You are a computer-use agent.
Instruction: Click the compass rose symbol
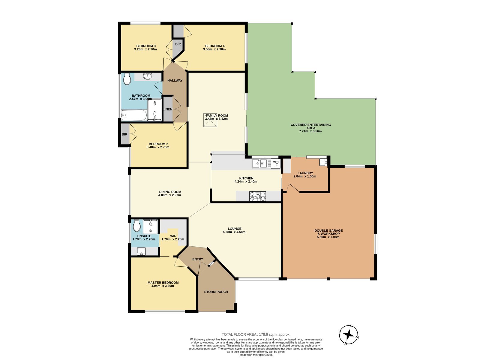(x=349, y=334)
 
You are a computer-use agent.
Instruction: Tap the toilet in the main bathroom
(x=127, y=79)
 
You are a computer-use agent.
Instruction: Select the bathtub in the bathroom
(x=134, y=115)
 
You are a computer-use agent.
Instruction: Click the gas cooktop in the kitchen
(x=258, y=196)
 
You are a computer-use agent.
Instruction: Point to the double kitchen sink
(x=259, y=163)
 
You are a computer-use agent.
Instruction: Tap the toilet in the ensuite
(x=137, y=225)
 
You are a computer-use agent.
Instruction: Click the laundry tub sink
(x=323, y=162)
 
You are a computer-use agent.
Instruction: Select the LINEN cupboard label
(x=168, y=109)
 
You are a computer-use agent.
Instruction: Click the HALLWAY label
(x=175, y=80)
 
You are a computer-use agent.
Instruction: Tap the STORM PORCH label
(x=216, y=292)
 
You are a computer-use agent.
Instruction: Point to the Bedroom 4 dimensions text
(x=214, y=49)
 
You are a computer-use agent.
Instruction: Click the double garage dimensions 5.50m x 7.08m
(x=328, y=237)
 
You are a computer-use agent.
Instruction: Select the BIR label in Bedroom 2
(x=124, y=134)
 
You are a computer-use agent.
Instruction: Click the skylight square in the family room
(x=210, y=120)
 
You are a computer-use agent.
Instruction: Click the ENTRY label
(x=198, y=259)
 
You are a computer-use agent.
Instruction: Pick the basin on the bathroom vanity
(x=148, y=76)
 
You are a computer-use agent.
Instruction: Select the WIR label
(x=173, y=236)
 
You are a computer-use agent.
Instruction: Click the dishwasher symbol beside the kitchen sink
(x=276, y=163)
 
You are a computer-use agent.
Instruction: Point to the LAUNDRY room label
(x=305, y=173)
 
